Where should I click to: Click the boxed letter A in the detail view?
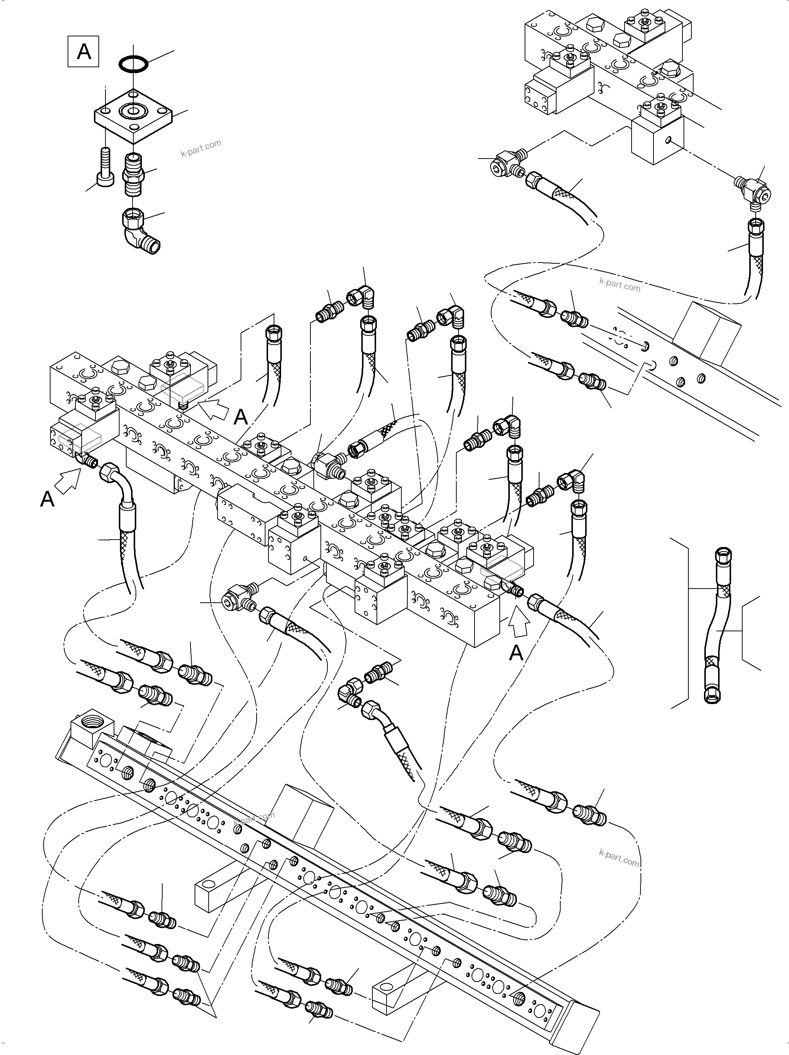point(84,51)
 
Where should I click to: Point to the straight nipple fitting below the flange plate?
point(134,174)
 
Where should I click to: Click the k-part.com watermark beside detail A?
point(201,148)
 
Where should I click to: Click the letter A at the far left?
point(47,499)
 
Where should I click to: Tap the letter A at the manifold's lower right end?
point(516,653)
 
